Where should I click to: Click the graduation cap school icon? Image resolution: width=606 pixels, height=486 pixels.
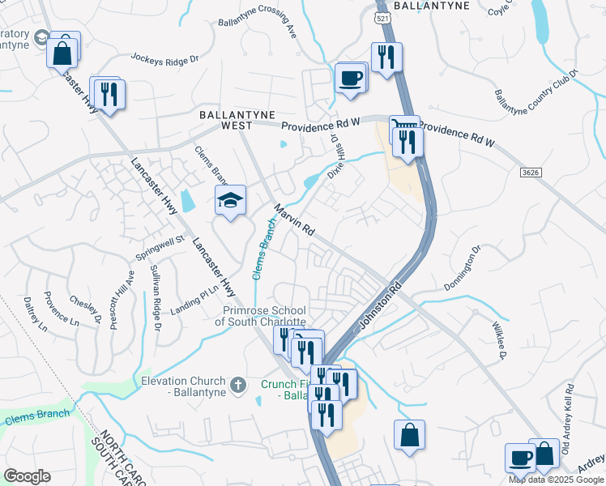(x=230, y=200)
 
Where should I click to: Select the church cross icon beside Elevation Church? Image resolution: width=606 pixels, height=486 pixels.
(x=238, y=385)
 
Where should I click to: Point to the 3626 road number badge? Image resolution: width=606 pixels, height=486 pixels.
(x=530, y=172)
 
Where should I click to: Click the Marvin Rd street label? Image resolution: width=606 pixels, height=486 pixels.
(x=294, y=219)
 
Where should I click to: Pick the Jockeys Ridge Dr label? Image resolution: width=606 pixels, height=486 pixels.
(x=164, y=58)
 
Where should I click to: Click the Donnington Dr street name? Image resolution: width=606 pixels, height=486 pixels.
(x=463, y=268)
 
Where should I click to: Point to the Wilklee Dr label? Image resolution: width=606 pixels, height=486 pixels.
(x=497, y=339)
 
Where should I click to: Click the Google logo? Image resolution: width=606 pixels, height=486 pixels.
(x=27, y=476)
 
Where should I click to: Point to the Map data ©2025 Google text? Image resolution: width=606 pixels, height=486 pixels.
(x=557, y=480)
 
